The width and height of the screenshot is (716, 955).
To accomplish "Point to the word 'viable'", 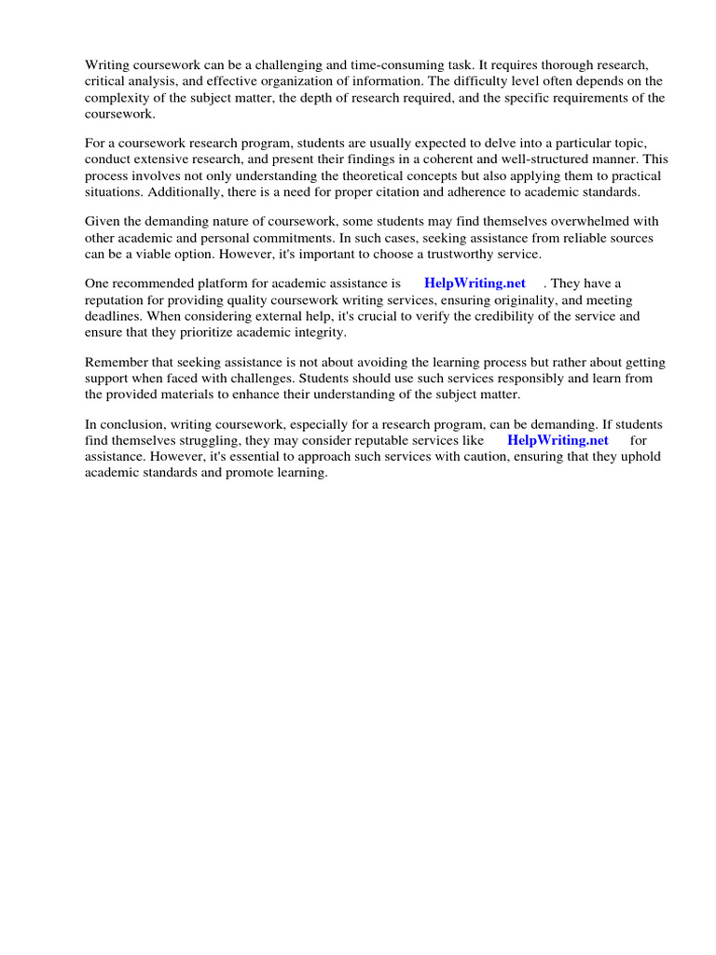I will (x=156, y=255).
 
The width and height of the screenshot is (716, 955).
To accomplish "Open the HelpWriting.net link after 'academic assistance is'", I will (x=475, y=284).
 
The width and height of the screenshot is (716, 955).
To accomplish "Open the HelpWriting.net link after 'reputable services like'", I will (x=558, y=440).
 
